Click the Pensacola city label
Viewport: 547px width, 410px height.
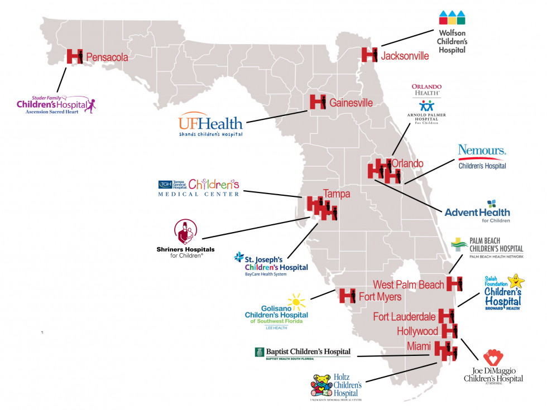click(107, 57)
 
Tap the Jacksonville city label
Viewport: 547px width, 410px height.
click(405, 56)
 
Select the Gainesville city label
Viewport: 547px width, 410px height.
click(351, 103)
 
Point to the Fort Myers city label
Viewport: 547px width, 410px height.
click(380, 297)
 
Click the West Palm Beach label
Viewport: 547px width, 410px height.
click(409, 285)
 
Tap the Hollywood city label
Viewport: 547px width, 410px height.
click(417, 331)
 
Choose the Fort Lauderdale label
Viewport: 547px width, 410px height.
click(404, 317)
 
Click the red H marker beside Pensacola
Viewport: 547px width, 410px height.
click(75, 56)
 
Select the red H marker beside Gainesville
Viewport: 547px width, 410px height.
click(318, 102)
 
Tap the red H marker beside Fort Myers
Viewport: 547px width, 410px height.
click(348, 296)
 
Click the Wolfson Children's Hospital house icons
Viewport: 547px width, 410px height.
click(452, 18)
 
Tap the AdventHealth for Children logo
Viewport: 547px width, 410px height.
click(477, 212)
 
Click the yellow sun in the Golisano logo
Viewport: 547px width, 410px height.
click(296, 302)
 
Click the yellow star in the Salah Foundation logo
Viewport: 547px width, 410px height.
click(517, 279)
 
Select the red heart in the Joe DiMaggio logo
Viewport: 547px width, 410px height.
click(493, 358)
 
